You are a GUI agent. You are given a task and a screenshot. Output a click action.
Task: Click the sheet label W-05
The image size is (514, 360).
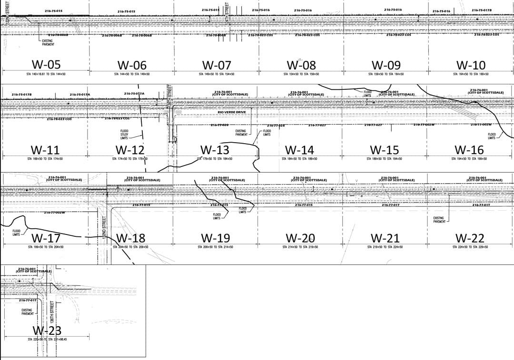[x=46, y=65]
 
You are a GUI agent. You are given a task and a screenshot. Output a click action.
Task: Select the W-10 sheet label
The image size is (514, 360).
[x=471, y=65]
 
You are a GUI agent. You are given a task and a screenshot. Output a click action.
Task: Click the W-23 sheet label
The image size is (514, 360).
[x=47, y=330]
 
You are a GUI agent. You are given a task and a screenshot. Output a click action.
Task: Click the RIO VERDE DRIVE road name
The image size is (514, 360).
[x=232, y=112]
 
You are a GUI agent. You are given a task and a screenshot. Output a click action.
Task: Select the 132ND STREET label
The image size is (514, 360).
[x=104, y=228]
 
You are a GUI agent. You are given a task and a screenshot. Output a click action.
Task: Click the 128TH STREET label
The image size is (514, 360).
[x=169, y=93]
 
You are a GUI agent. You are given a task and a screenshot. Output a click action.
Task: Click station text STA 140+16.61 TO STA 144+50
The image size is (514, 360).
[x=46, y=74]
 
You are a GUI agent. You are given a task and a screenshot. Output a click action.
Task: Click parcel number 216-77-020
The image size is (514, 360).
[x=219, y=125]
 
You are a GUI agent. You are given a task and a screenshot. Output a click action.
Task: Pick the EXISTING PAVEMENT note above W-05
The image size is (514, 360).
[x=48, y=42]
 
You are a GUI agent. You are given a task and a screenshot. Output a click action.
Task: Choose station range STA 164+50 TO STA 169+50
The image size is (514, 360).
[x=471, y=74]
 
